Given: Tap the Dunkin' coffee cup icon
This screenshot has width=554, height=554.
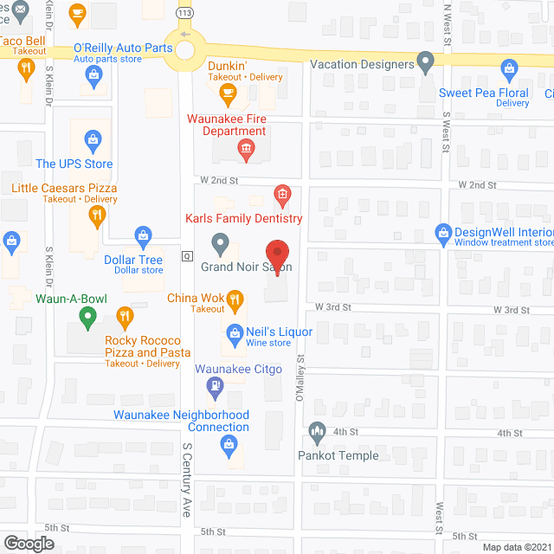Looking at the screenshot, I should [228, 92].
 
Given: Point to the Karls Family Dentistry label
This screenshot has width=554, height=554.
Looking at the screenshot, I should [243, 218].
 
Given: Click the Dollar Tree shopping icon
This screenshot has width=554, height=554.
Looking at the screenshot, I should [144, 235].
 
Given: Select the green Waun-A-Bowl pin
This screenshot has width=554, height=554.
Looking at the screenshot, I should [87, 319].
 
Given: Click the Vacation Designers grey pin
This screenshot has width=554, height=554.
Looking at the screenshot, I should [425, 62].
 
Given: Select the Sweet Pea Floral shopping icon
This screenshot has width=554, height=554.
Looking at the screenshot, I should [508, 68].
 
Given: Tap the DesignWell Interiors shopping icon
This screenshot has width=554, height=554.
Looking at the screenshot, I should [444, 232].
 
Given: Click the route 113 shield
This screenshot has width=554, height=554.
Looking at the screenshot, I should [184, 14].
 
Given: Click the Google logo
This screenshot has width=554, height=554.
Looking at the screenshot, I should [29, 543].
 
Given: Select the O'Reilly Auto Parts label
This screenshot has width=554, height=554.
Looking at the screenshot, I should [123, 48].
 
